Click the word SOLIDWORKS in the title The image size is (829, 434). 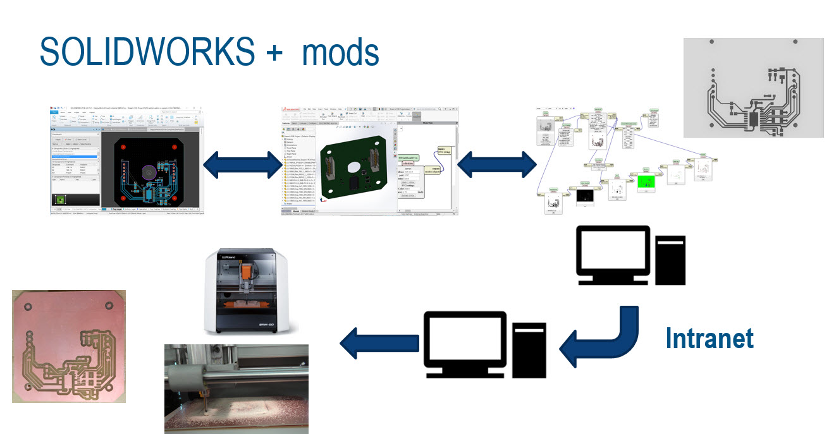pyautogui.click(x=147, y=52)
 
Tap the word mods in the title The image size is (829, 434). pyautogui.click(x=340, y=52)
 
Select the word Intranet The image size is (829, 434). pyautogui.click(x=709, y=339)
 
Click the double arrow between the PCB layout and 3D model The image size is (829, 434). pyautogui.click(x=243, y=167)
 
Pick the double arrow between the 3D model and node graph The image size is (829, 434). pyautogui.click(x=496, y=167)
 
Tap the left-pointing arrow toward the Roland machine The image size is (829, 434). pyautogui.click(x=374, y=344)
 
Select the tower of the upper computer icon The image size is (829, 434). pyautogui.click(x=670, y=259)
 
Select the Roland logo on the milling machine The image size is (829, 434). pyautogui.click(x=235, y=257)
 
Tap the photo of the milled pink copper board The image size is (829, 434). pyautogui.click(x=68, y=346)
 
